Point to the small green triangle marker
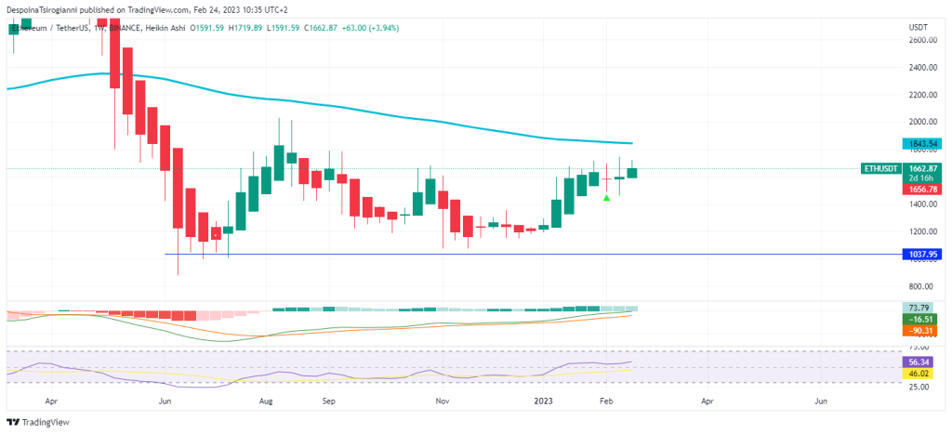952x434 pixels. pyautogui.click(x=606, y=197)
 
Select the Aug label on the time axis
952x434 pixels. pyautogui.click(x=266, y=401)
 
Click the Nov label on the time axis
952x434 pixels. pyautogui.click(x=443, y=401)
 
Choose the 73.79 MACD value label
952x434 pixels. pyautogui.click(x=919, y=309)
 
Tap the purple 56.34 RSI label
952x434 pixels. pyautogui.click(x=919, y=362)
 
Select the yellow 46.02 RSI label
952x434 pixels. pyautogui.click(x=919, y=374)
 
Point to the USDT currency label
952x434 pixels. pyautogui.click(x=918, y=27)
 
